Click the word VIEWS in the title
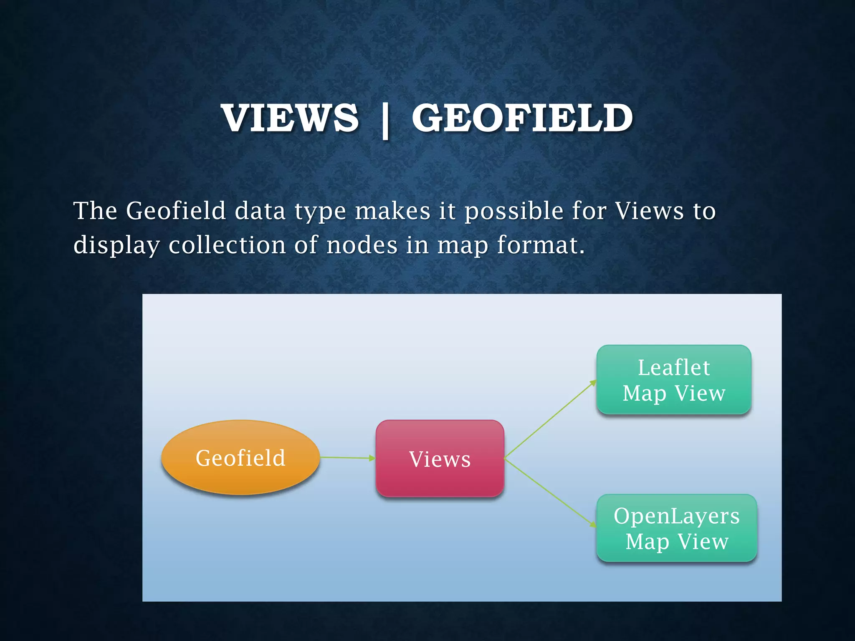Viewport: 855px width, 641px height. (290, 118)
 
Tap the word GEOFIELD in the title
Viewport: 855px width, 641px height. (522, 118)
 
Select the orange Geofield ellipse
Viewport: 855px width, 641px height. (240, 458)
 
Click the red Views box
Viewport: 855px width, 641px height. (440, 459)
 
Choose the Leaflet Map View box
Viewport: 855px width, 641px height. (674, 380)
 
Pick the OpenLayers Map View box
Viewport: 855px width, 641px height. (676, 528)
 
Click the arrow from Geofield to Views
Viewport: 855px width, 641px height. (347, 458)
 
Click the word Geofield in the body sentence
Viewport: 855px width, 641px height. (175, 210)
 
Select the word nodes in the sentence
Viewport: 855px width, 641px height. (362, 245)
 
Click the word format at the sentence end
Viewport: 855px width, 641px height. (540, 245)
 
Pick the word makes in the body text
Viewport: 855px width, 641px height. (392, 210)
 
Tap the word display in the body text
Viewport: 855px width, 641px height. (116, 245)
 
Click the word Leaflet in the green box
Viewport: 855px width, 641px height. (674, 367)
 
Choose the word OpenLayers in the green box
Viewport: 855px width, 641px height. (676, 516)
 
